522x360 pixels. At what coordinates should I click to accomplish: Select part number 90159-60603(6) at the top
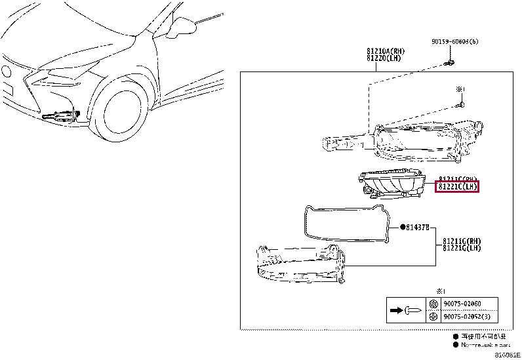coord(454,41)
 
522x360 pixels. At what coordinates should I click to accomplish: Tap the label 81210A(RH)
coord(385,51)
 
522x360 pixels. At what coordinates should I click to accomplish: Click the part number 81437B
coord(416,228)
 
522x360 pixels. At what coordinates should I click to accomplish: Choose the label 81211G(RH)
coord(462,241)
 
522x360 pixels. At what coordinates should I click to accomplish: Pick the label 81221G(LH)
coord(462,248)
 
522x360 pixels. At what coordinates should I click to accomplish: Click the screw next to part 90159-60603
coord(449,64)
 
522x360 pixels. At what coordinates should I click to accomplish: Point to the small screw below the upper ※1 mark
coord(461,104)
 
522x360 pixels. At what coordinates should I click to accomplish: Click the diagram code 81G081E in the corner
coord(507,354)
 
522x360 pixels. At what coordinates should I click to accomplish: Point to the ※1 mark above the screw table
coord(441,290)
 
